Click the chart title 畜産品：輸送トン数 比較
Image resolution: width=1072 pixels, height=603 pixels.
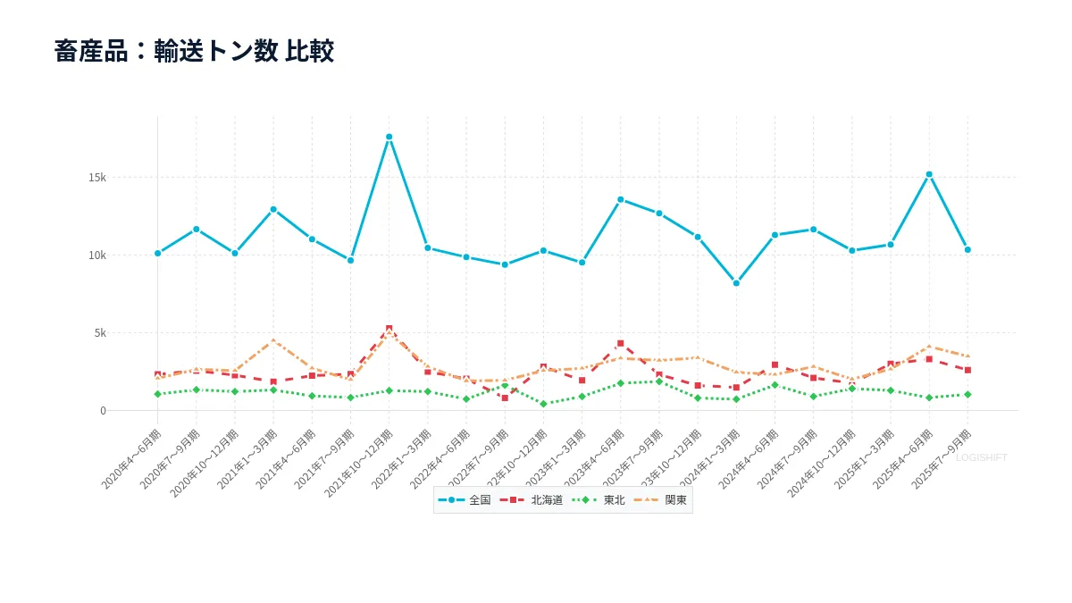(194, 51)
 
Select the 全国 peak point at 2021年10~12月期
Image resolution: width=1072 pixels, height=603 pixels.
(389, 137)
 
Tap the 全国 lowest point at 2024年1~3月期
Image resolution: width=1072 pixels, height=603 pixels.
(736, 283)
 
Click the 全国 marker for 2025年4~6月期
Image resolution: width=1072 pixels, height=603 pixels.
(929, 174)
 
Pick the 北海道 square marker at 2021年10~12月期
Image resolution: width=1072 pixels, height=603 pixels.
(389, 329)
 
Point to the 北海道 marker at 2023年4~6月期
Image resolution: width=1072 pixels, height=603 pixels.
(620, 343)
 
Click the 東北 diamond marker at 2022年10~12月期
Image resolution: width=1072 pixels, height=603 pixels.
(543, 404)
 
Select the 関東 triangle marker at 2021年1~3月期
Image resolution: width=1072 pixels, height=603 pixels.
(273, 340)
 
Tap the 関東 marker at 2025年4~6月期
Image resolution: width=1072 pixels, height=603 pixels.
(929, 347)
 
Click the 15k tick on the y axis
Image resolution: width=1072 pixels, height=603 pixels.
(96, 177)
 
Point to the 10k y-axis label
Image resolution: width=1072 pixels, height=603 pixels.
(96, 255)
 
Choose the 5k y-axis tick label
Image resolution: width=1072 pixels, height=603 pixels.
(99, 332)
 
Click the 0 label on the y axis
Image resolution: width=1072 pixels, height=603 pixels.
(103, 411)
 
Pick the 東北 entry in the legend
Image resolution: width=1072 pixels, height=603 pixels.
(599, 500)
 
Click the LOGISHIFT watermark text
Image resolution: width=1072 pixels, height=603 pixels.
(981, 457)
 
